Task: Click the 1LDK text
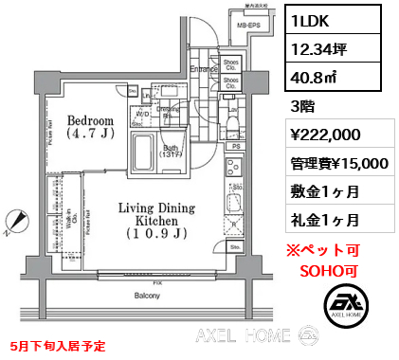(313, 21)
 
